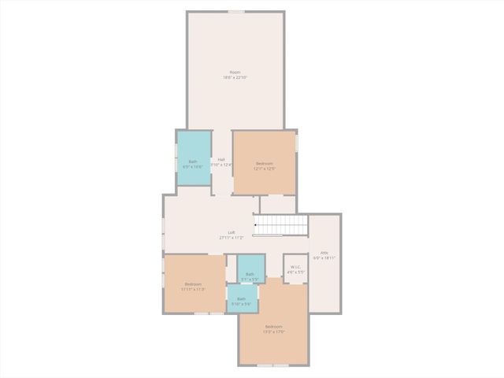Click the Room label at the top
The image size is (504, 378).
235,72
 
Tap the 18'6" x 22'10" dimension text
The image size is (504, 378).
235,77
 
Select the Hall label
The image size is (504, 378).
221,159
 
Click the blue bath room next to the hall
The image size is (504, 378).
194,157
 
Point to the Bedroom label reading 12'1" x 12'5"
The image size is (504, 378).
264,168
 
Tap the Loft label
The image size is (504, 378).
232,232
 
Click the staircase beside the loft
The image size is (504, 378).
280,226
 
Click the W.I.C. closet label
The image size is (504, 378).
295,267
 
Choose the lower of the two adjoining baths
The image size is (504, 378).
241,299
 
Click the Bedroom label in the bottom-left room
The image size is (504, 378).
194,283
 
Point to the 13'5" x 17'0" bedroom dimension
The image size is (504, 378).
273,332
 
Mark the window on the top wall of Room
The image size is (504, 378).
235,11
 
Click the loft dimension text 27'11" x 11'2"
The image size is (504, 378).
232,237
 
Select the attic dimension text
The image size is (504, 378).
324,258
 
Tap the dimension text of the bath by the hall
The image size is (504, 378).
193,166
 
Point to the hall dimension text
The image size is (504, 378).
221,165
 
